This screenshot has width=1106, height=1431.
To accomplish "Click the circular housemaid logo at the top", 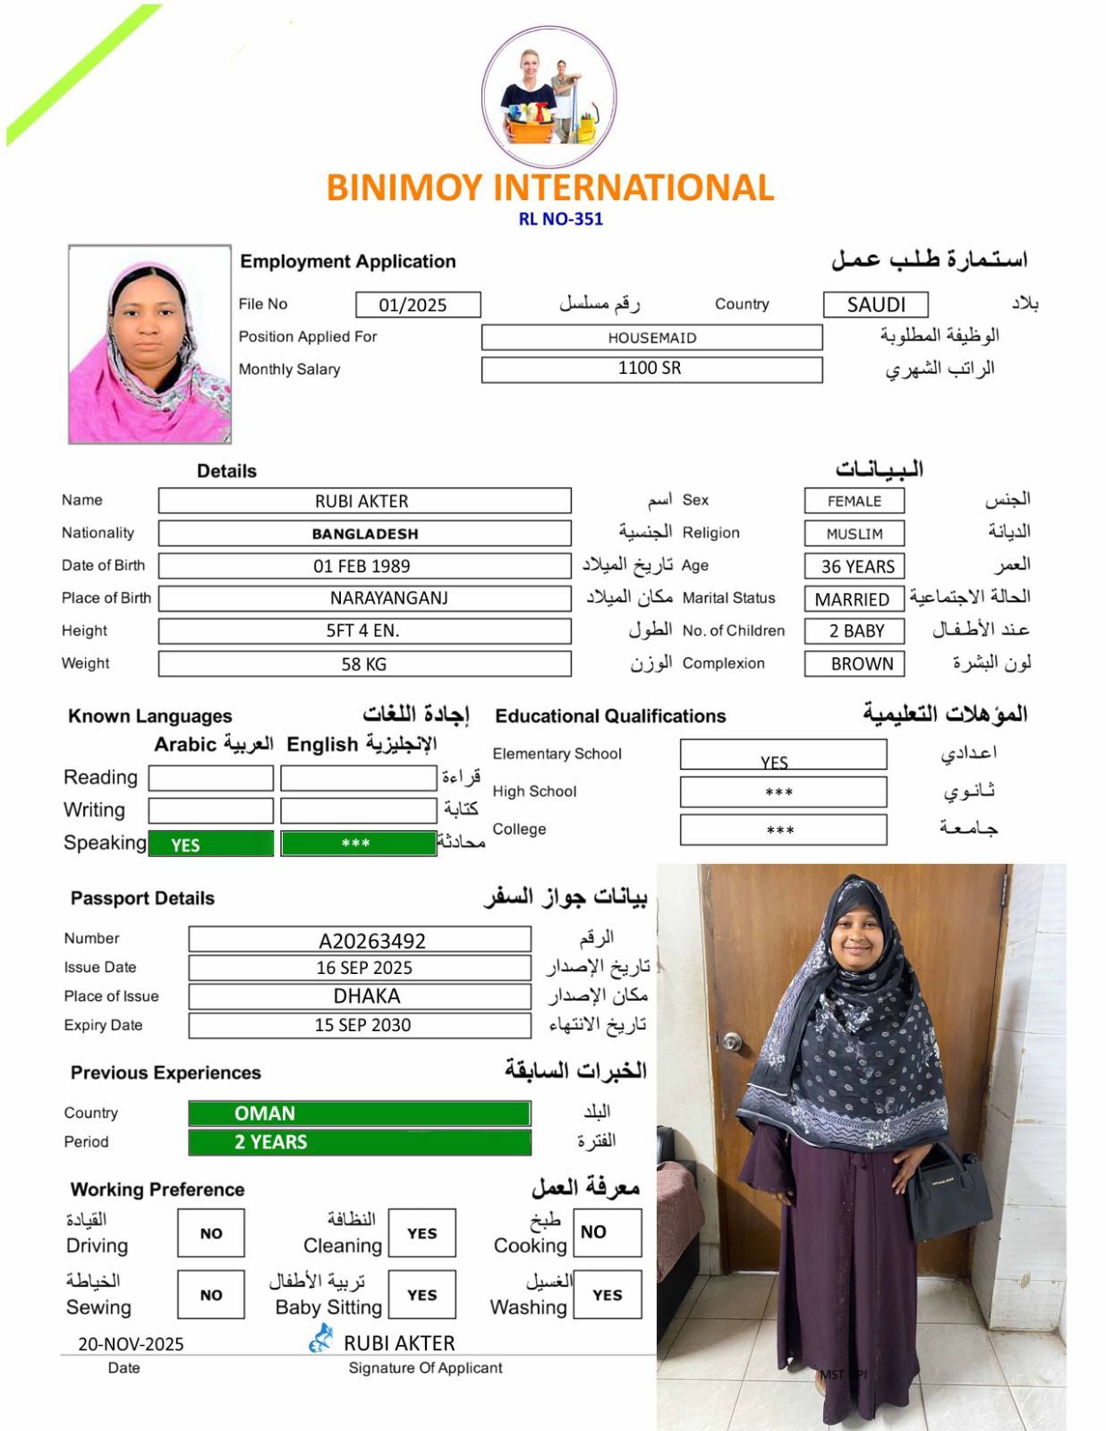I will click(x=549, y=97).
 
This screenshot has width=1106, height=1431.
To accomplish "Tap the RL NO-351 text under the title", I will click(x=561, y=219).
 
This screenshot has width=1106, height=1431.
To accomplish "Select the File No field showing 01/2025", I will click(x=417, y=305).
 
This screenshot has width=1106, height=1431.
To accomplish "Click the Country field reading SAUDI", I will click(x=875, y=305).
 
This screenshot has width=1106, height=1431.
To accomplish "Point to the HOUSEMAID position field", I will click(x=651, y=337).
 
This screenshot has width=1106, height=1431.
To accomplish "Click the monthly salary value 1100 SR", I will click(x=651, y=368).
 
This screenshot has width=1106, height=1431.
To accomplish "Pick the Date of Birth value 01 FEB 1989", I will click(x=364, y=566).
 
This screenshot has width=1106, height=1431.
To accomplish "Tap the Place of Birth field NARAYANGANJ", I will click(x=364, y=598).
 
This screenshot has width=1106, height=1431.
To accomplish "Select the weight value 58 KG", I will click(x=364, y=664).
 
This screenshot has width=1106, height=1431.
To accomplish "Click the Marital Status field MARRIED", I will click(x=854, y=599).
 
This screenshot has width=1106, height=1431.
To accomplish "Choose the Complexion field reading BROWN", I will click(x=854, y=664).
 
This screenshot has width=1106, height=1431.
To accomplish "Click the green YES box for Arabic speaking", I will click(x=211, y=844).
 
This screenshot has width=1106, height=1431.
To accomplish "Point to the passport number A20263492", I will click(x=360, y=940).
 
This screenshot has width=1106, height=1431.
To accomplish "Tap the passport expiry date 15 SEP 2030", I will click(x=360, y=1025).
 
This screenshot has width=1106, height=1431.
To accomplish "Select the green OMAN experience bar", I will click(x=360, y=1113).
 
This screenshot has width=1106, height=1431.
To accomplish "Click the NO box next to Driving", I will click(x=211, y=1233).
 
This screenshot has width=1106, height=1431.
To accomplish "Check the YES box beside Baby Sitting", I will click(x=422, y=1295).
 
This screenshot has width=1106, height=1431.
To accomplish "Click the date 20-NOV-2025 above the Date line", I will click(x=131, y=1343).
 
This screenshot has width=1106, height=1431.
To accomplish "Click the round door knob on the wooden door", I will click(x=731, y=1041).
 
